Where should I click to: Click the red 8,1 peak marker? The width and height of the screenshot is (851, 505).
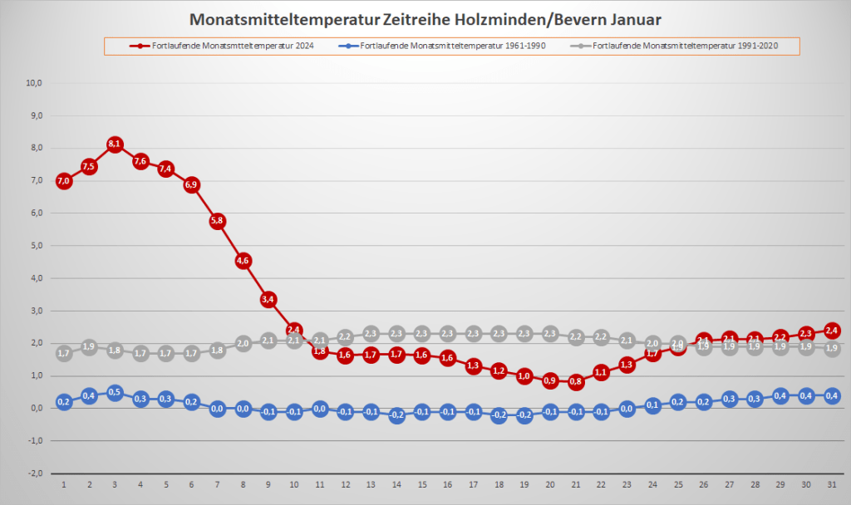[115, 145]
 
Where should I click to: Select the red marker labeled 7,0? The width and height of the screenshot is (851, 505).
[64, 180]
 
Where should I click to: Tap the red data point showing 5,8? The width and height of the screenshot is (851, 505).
[218, 221]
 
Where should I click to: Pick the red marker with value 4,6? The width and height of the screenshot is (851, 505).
[243, 260]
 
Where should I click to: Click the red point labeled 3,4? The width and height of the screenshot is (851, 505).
[268, 299]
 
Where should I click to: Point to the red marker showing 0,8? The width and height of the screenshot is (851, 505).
[575, 382]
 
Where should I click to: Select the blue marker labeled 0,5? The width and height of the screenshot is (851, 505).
[115, 392]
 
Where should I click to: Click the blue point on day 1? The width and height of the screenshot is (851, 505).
[64, 402]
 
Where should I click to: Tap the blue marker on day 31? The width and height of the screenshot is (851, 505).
[830, 395]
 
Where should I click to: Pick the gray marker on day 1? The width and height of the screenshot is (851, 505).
[64, 353]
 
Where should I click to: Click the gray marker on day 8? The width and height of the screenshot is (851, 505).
[243, 343]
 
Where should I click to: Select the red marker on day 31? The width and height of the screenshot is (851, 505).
[830, 331]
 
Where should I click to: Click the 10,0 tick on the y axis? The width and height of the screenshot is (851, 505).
[34, 83]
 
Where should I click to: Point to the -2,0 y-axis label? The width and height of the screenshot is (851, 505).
[34, 473]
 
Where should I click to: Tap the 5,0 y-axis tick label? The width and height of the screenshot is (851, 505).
[34, 246]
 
